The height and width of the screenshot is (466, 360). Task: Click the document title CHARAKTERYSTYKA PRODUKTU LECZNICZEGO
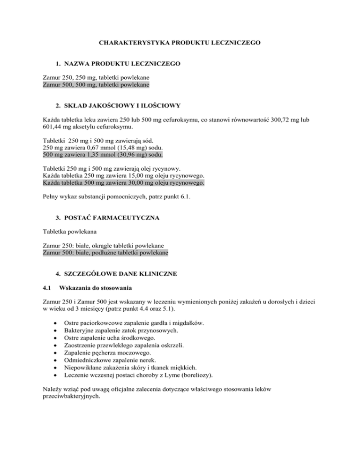coord(180,43)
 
